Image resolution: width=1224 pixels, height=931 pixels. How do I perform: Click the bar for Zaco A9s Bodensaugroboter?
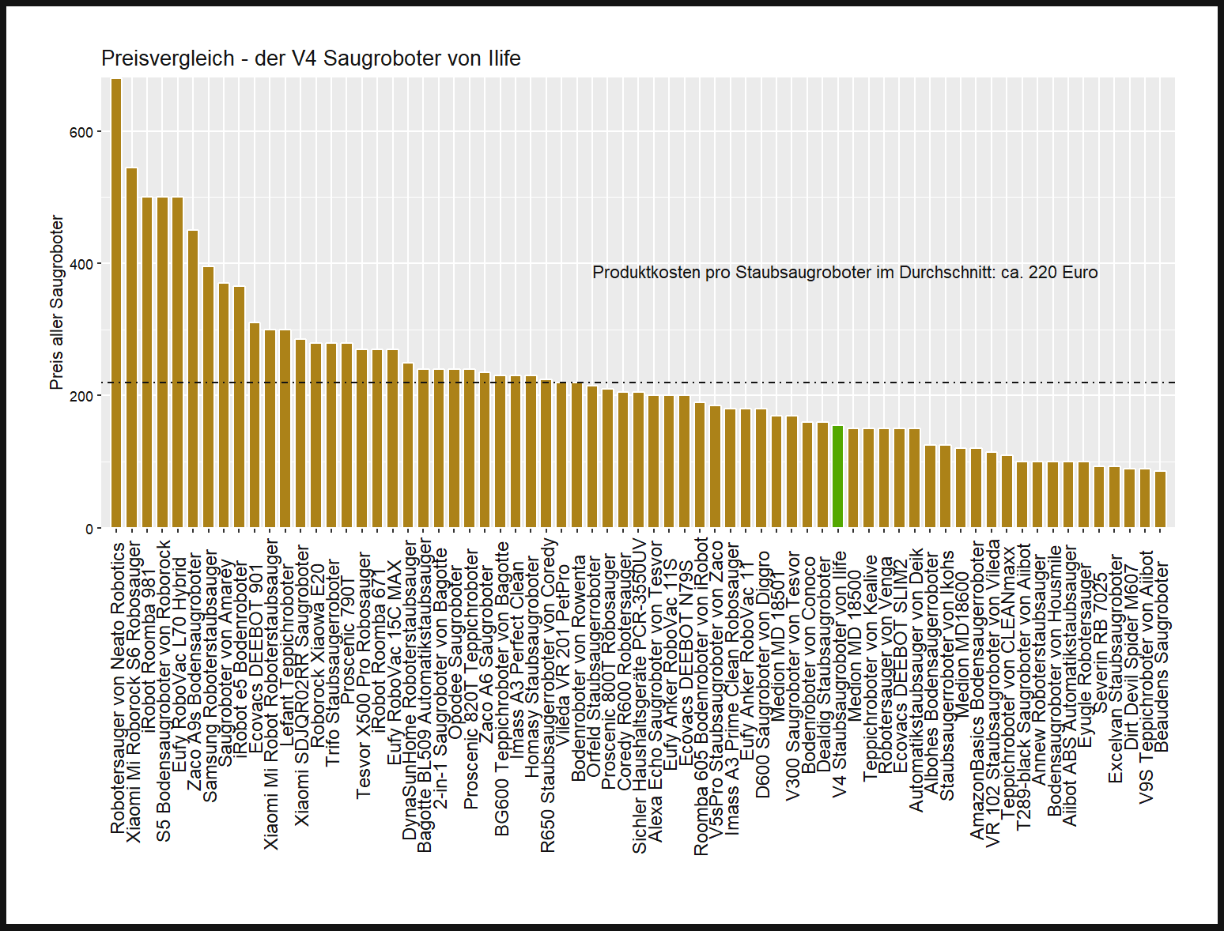(x=193, y=379)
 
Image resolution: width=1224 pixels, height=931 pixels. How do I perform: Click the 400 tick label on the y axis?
(x=82, y=265)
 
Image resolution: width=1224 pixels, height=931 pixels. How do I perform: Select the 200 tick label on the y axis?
(x=82, y=397)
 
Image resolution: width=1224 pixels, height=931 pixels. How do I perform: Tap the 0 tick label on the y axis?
(x=89, y=529)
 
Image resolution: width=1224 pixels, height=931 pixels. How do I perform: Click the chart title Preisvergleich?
(x=311, y=58)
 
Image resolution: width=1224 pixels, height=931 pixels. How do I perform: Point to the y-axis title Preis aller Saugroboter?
(x=56, y=303)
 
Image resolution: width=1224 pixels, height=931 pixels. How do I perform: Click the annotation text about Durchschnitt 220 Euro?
(x=844, y=273)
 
